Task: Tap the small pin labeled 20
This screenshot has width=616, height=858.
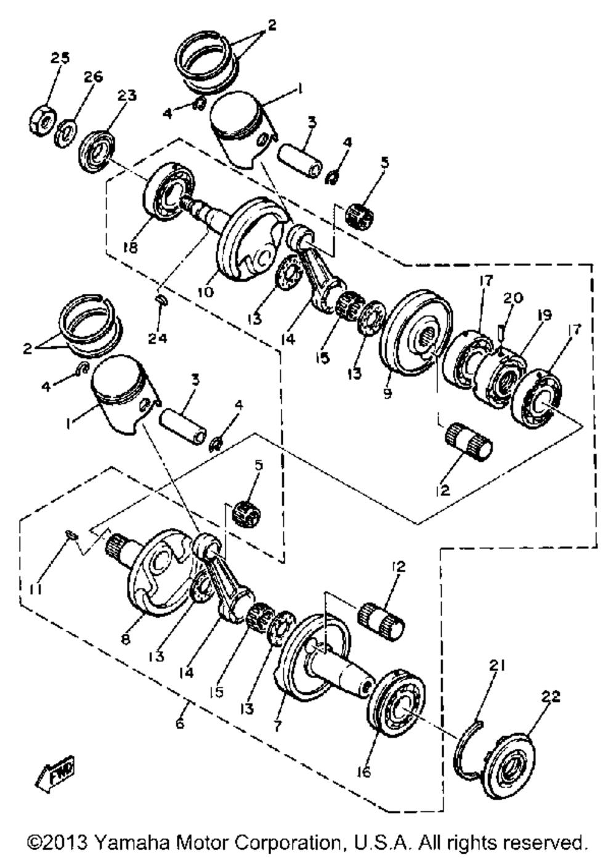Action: [x=501, y=331]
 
